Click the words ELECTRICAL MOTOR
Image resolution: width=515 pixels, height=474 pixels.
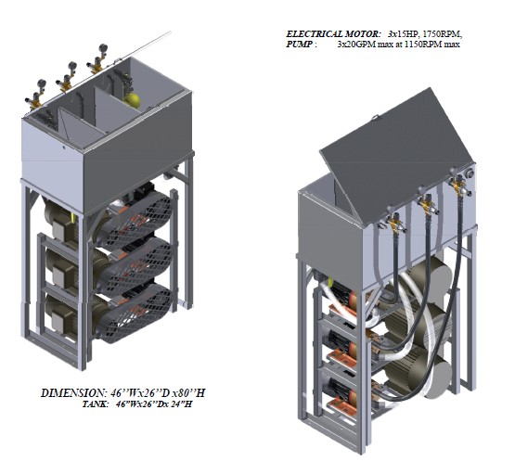point(333,34)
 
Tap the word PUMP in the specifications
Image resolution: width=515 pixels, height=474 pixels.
point(299,45)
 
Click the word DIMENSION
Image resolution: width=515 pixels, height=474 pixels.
point(74,393)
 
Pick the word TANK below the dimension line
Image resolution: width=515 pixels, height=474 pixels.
point(95,404)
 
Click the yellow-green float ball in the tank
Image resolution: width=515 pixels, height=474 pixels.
point(132,100)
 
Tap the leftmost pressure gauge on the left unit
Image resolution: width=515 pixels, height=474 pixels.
point(42,83)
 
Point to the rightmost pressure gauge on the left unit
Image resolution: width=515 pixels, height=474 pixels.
point(103,47)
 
